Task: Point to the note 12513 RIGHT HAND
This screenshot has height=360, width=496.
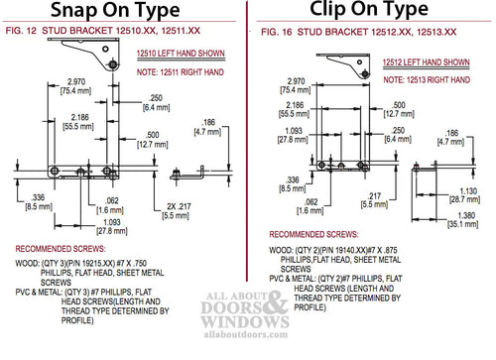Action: pyautogui.click(x=429, y=77)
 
